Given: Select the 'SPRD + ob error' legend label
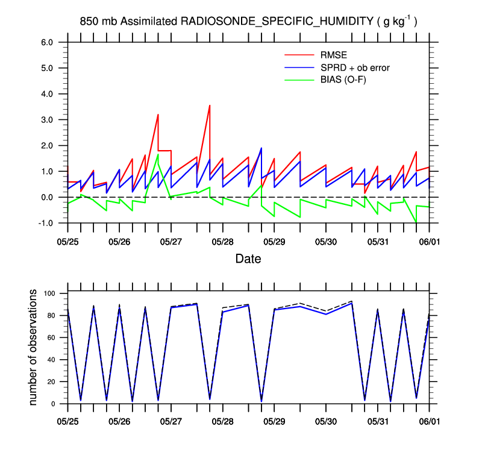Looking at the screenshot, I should coord(355,67).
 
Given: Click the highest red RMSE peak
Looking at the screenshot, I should coord(209,105).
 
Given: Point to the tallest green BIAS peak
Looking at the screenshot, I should coord(158,154).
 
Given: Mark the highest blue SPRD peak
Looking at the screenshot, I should coord(261,148).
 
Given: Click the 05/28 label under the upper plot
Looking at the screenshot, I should coord(222,242).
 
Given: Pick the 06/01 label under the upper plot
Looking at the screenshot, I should coord(429,242).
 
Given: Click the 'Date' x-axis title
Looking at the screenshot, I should coord(248,259).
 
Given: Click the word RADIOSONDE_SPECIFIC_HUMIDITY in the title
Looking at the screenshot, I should coord(278,22).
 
